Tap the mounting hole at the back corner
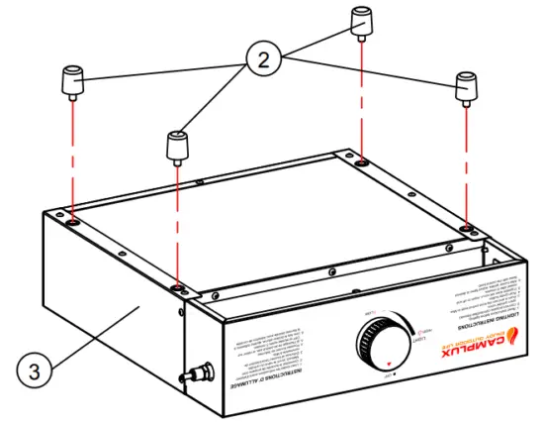coord(362,159)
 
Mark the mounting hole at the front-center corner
coord(177,287)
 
